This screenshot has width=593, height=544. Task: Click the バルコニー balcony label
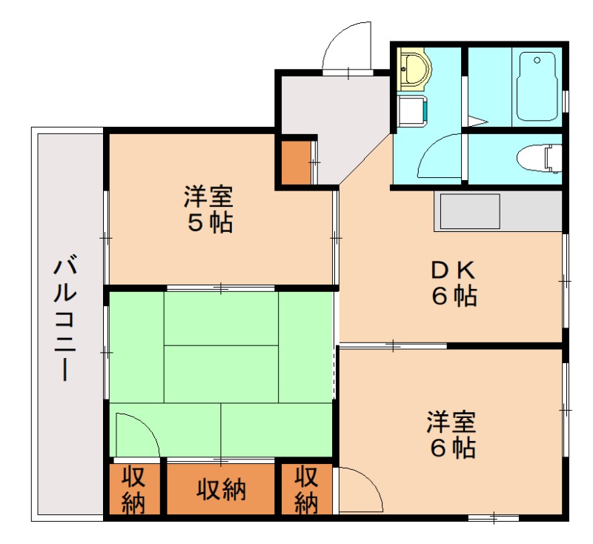click(x=64, y=319)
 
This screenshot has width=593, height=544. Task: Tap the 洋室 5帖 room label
click(x=209, y=210)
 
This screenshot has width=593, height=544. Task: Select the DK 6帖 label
click(x=454, y=283)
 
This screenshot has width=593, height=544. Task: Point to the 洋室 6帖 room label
click(x=451, y=435)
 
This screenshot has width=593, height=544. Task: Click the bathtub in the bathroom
click(x=537, y=86)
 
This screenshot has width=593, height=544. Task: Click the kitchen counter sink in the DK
click(x=470, y=212)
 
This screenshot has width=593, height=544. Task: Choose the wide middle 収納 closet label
click(x=221, y=489)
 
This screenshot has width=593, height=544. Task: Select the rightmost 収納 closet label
click(x=305, y=489)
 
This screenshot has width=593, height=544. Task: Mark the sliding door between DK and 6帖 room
click(x=393, y=345)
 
